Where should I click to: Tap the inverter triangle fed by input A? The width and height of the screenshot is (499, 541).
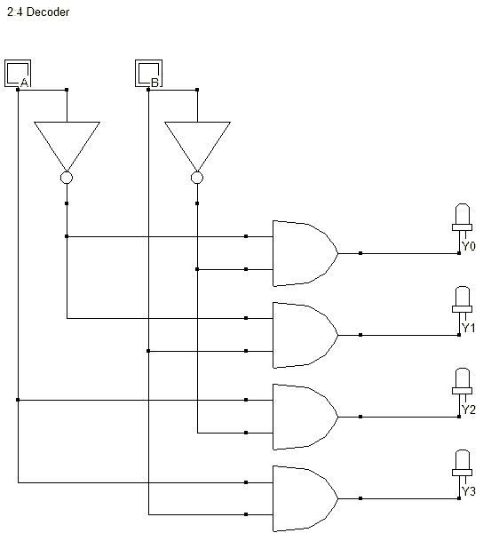click(x=67, y=142)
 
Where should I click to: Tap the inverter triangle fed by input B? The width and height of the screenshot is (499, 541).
click(x=197, y=142)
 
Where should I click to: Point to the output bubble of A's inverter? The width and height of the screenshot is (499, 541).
click(x=67, y=179)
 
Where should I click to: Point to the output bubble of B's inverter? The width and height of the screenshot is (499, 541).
click(x=197, y=179)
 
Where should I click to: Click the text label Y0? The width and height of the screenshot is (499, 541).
click(x=469, y=246)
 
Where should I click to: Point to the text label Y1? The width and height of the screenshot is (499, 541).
click(x=469, y=328)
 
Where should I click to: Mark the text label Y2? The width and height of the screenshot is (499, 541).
click(x=469, y=410)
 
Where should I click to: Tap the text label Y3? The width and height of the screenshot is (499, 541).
click(x=469, y=491)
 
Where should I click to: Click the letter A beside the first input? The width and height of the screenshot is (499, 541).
click(x=25, y=83)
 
